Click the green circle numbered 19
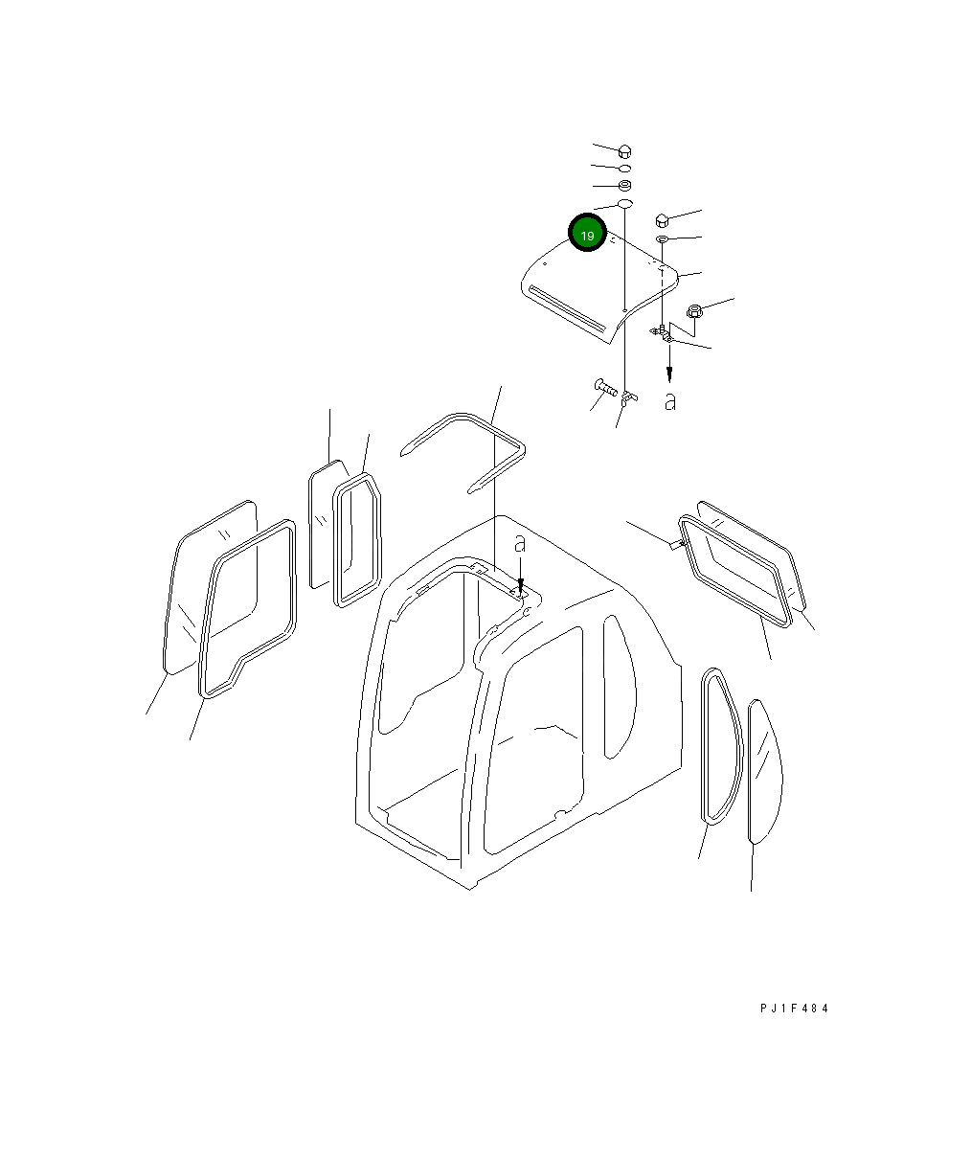587,235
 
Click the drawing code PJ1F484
794,1009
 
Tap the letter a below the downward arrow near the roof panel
670,402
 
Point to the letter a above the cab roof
520,545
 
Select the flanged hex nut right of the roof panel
696,310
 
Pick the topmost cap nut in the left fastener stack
624,150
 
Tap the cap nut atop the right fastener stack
662,219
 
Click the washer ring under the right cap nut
663,238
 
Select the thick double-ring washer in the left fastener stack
623,185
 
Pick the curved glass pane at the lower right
764,772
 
